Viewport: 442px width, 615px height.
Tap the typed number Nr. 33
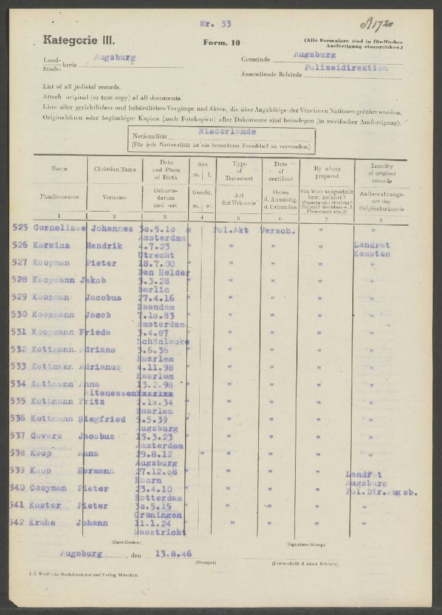point(215,24)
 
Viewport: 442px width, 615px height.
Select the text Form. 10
point(218,42)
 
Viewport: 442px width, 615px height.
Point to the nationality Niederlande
point(227,132)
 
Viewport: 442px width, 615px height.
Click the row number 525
point(20,228)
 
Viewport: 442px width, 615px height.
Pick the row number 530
point(20,314)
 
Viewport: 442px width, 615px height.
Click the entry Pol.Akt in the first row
point(229,229)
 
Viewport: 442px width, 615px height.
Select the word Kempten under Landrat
point(372,253)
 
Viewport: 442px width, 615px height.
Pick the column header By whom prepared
point(326,172)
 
